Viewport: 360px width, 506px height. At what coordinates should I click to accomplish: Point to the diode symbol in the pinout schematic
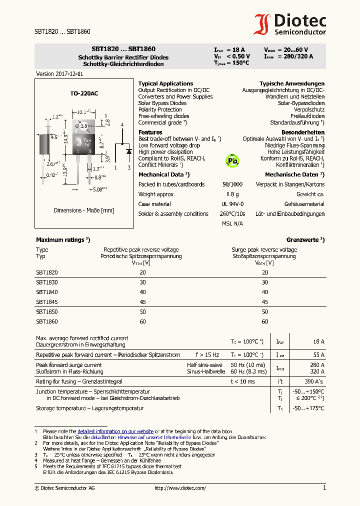click(128, 150)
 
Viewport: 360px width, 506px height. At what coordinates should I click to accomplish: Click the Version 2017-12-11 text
click(59, 73)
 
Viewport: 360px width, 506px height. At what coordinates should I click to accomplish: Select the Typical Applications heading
click(165, 83)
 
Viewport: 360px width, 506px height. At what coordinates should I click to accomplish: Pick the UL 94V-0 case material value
click(232, 204)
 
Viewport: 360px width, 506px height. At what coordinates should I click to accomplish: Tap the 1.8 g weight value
click(232, 194)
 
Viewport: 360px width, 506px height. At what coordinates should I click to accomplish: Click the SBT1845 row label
click(47, 301)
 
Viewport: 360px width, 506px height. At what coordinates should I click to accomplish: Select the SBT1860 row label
click(47, 321)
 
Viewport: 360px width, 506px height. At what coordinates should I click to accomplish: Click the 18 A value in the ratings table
click(318, 341)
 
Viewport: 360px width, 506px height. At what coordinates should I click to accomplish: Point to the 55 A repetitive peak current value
click(318, 354)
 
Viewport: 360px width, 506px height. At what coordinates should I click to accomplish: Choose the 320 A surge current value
click(317, 371)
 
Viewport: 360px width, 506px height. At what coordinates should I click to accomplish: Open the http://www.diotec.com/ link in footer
click(180, 488)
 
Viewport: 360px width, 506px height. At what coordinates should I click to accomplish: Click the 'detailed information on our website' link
click(115, 431)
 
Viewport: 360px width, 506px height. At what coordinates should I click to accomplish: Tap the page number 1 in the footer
click(324, 488)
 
